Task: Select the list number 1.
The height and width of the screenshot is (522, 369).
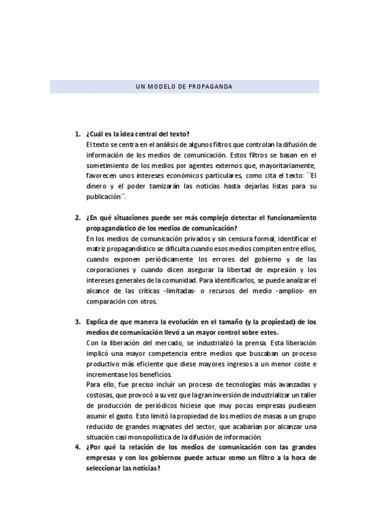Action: click(x=77, y=135)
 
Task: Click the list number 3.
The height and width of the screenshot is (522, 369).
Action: click(x=77, y=322)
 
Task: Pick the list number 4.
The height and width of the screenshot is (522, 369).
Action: click(x=77, y=448)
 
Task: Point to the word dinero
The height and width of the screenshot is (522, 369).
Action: click(x=98, y=187)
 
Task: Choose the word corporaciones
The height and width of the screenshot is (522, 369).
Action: click(x=111, y=270)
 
